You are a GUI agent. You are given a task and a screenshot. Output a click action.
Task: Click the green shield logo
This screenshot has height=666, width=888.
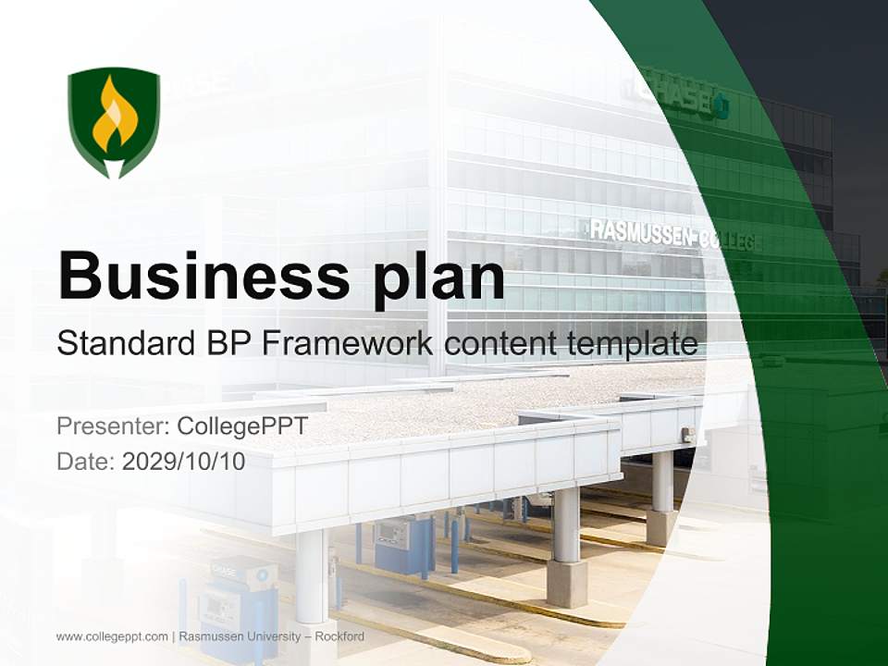[x=114, y=120]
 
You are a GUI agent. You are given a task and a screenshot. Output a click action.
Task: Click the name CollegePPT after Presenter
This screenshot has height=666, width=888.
[x=242, y=426]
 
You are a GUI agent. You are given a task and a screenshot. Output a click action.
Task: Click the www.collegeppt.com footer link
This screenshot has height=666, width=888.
[x=112, y=636]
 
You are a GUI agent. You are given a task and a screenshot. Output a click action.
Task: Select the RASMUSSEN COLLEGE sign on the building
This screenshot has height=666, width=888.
[x=675, y=235]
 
